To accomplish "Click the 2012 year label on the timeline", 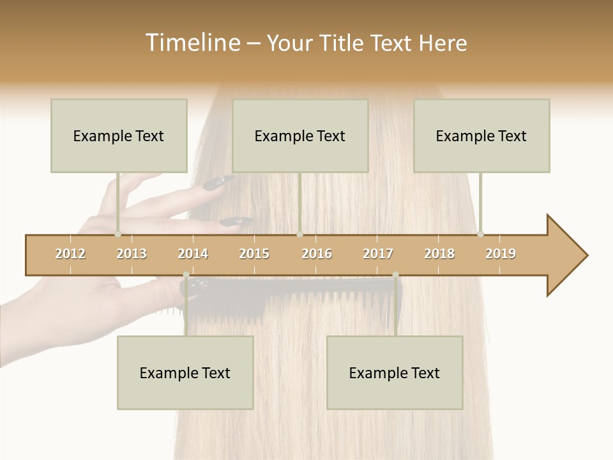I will [70, 254].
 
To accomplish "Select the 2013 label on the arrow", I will [132, 254].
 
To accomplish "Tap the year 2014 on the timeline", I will [193, 254].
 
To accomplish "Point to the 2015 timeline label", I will [254, 254].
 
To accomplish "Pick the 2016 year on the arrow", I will [317, 254].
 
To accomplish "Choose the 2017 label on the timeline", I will [378, 254].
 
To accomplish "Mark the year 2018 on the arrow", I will [439, 254].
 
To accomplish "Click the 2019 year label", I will [501, 254].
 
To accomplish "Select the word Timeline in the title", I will [192, 43].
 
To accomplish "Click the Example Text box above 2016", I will [299, 135].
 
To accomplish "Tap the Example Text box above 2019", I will [481, 135].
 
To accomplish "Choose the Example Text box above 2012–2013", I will [119, 135].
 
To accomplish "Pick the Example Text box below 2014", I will [185, 372].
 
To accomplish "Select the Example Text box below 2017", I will [394, 372].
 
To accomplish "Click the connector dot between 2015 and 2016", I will [299, 234].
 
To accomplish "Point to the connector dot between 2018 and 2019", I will [480, 234].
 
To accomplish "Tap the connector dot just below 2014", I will [186, 275].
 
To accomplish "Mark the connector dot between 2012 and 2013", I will [118, 234].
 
